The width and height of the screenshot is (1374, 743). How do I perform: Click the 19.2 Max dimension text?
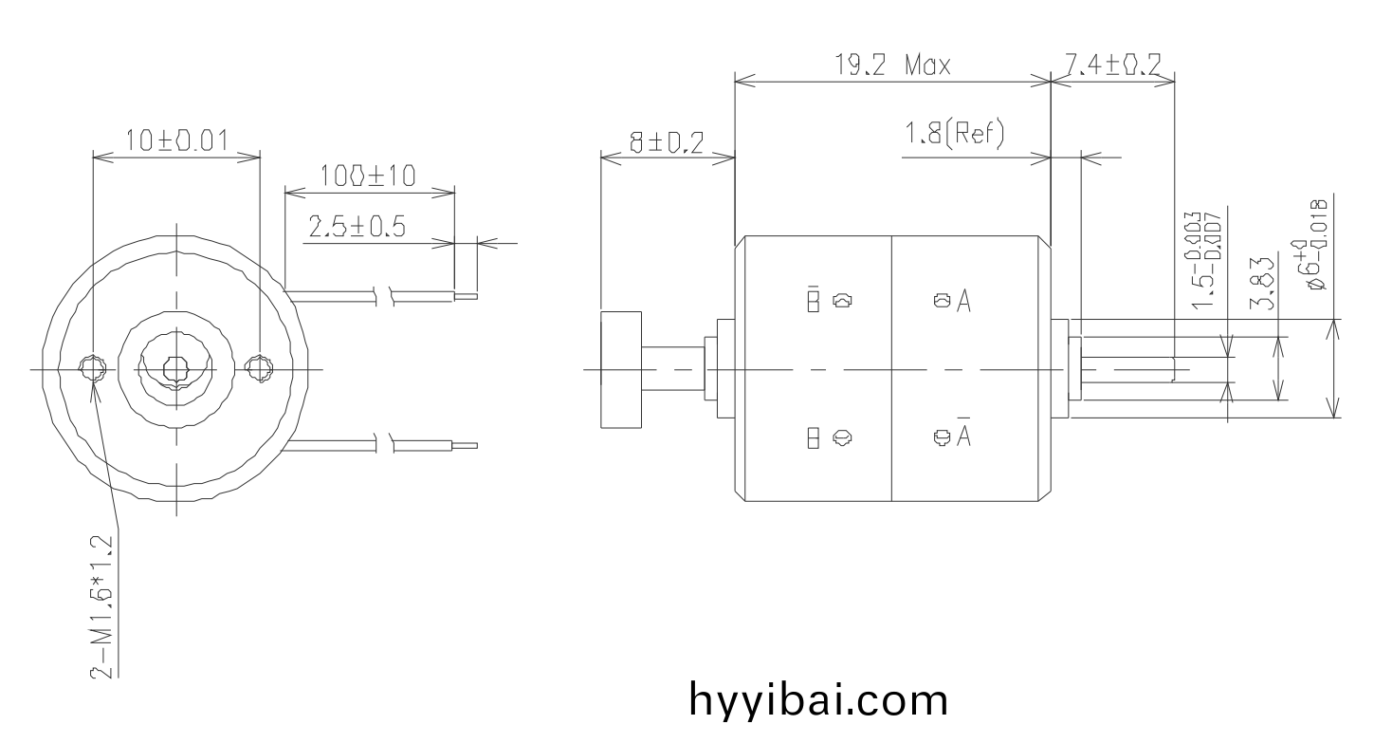click(891, 65)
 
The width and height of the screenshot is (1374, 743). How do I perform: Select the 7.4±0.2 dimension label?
click(1113, 65)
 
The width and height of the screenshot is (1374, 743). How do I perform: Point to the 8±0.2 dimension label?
click(668, 142)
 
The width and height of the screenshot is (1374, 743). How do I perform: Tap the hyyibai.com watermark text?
click(817, 700)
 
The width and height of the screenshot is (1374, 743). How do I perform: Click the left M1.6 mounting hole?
click(92, 368)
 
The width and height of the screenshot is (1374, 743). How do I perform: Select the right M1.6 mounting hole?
click(258, 368)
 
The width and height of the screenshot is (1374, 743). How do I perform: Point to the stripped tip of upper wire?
click(466, 295)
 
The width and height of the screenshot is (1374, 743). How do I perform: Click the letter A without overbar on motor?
click(964, 302)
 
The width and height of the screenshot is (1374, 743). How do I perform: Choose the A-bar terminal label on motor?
click(964, 435)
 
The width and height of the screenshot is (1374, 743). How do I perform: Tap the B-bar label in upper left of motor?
click(813, 300)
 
